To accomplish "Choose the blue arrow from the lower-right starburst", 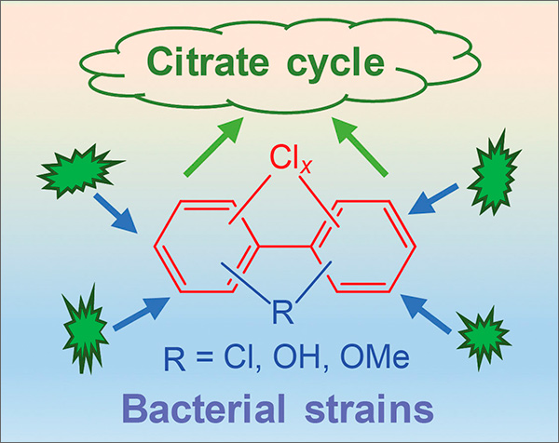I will point(428,315).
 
